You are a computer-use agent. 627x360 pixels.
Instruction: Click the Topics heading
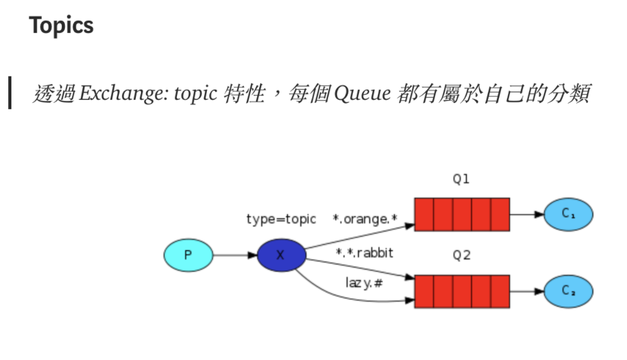[61, 26]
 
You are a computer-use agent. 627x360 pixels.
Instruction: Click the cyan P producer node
[188, 255]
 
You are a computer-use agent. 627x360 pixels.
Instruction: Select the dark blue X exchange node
[281, 255]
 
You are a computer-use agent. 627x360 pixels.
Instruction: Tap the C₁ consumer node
[568, 215]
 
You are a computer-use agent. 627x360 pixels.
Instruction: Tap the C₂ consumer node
[568, 291]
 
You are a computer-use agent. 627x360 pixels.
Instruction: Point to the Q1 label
[461, 179]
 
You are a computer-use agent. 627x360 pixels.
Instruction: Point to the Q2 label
[461, 256]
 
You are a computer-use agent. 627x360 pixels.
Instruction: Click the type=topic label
[281, 219]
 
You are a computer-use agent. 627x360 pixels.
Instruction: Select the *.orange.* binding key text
[365, 219]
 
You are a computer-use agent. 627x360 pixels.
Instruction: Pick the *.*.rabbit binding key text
[364, 253]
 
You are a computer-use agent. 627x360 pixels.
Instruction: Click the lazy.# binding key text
[363, 283]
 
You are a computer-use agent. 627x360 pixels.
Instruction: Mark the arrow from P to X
[234, 255]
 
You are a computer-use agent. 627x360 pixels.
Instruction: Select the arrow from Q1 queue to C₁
[527, 215]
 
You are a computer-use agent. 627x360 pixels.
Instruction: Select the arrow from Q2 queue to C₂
[527, 291]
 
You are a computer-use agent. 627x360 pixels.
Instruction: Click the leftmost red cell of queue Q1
[423, 215]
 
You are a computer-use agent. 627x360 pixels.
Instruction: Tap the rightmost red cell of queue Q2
[500, 291]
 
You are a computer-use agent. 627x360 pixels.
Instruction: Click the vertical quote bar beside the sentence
[9, 92]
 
